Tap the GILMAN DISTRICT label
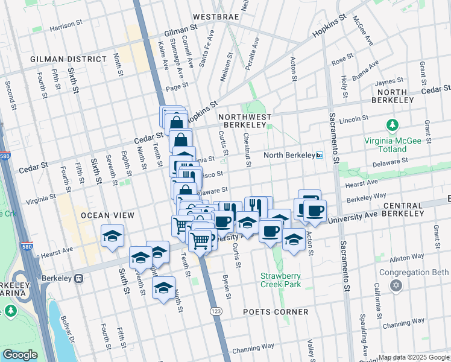point(68,59)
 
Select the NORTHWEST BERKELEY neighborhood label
point(245,120)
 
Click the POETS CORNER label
point(276,312)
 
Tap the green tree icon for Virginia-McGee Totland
point(393,125)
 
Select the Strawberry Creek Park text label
point(280,280)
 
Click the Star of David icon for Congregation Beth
point(396,284)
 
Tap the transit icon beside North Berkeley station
point(320,155)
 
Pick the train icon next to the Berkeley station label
point(79,279)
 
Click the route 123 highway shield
point(215,310)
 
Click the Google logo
point(20,355)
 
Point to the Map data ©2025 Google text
point(414,357)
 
